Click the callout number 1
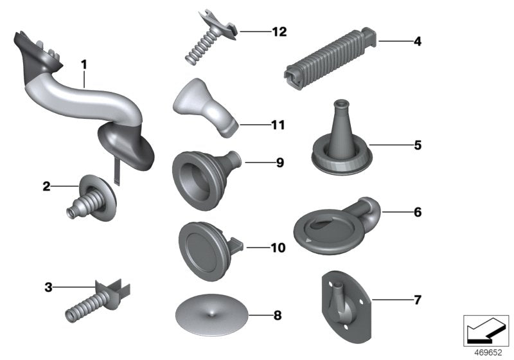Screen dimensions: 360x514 coord(84,64)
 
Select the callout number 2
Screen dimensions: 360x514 coord(46,187)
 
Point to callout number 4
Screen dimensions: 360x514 coord(418,42)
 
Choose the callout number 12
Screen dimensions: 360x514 coord(279,32)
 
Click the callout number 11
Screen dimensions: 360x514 coord(278,125)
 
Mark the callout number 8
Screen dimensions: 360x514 coord(278,316)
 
